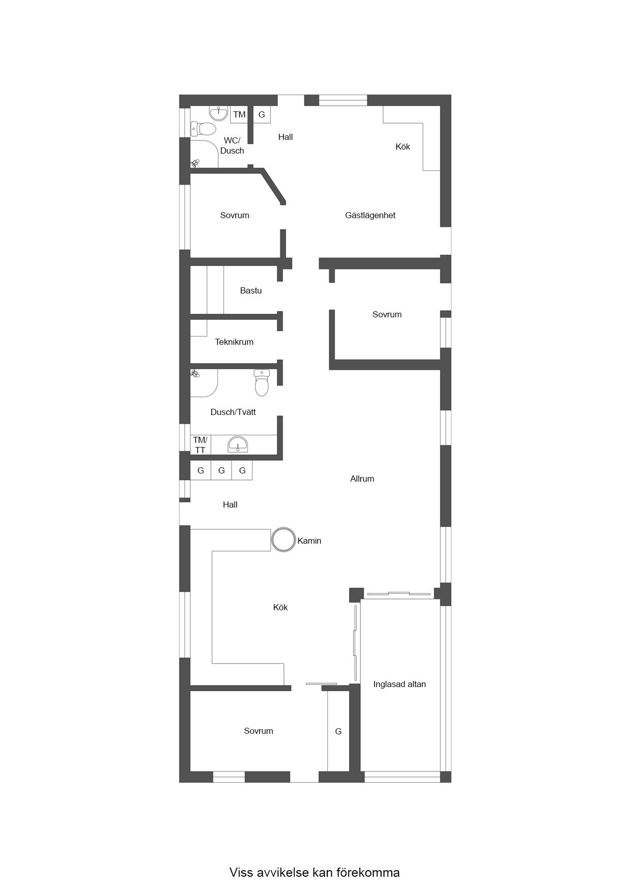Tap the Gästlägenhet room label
370,216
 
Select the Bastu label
251,290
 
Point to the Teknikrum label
234,342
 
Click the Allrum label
362,479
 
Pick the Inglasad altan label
399,685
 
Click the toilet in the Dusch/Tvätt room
262,383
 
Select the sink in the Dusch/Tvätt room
238,444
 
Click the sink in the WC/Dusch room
218,113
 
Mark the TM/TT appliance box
200,445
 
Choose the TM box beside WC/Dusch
239,114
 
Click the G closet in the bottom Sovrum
338,731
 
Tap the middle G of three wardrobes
222,470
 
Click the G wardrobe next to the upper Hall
262,114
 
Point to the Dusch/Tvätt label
233,412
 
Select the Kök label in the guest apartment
403,146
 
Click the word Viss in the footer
241,873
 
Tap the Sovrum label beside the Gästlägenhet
235,216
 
